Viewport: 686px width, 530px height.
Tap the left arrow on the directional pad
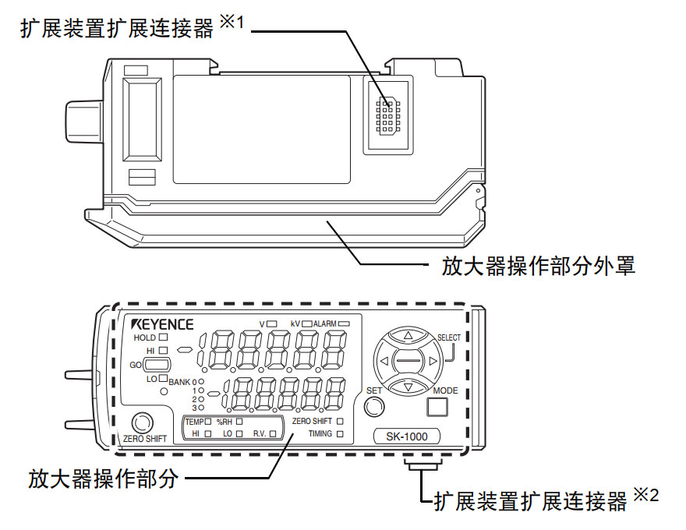(382, 362)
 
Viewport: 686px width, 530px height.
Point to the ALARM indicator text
(325, 323)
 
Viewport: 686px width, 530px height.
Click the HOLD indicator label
(145, 337)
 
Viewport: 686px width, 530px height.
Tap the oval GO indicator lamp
(157, 365)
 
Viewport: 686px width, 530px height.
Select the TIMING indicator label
(320, 433)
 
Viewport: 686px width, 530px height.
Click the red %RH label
(225, 421)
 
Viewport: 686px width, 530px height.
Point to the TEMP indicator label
(194, 421)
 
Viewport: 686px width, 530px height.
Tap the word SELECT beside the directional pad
(449, 337)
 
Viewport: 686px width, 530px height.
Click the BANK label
(179, 382)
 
